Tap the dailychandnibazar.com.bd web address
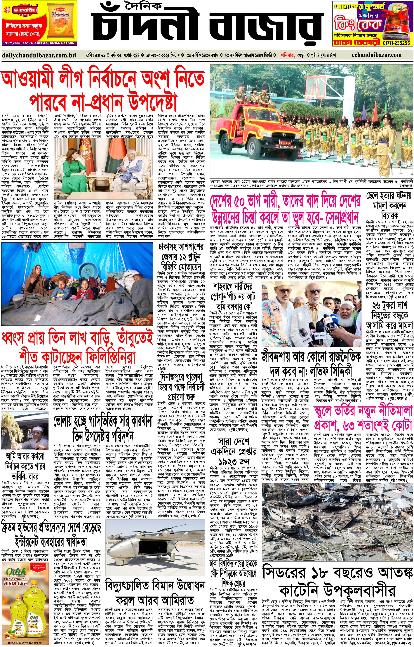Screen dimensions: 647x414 (39, 55)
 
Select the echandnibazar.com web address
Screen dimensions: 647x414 (376, 55)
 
